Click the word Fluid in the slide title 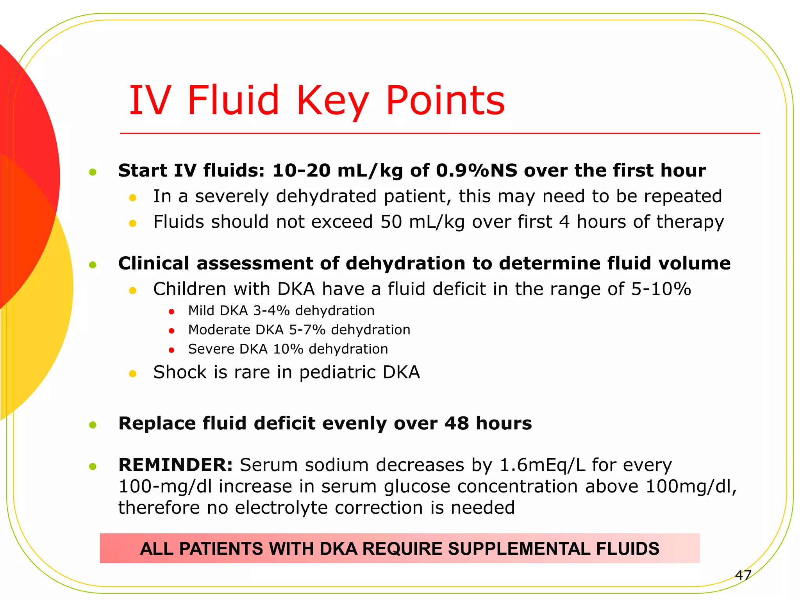(x=233, y=101)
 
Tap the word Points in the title (x=445, y=101)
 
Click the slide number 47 (x=743, y=575)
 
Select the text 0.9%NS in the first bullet (x=477, y=171)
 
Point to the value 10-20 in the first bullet (x=301, y=171)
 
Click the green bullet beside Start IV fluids (x=93, y=172)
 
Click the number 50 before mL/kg (x=391, y=222)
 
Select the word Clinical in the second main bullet (x=154, y=263)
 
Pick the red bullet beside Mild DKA (x=171, y=312)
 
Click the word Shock (x=180, y=372)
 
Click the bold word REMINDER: (x=175, y=465)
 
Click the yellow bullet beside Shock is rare (x=132, y=374)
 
